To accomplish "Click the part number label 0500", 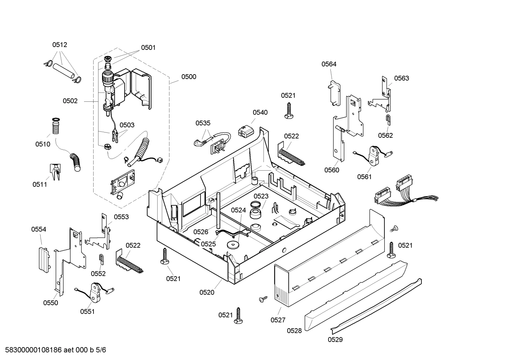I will click(188, 77).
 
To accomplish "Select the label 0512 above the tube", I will click(60, 45).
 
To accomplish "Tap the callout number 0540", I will click(260, 112).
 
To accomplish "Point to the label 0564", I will click(329, 64).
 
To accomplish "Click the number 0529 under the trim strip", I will click(335, 340).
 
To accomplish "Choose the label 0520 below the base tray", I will click(206, 292).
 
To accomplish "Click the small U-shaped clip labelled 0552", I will click(101, 259).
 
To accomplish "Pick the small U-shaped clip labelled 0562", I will click(388, 119).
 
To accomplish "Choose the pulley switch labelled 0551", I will click(95, 291).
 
